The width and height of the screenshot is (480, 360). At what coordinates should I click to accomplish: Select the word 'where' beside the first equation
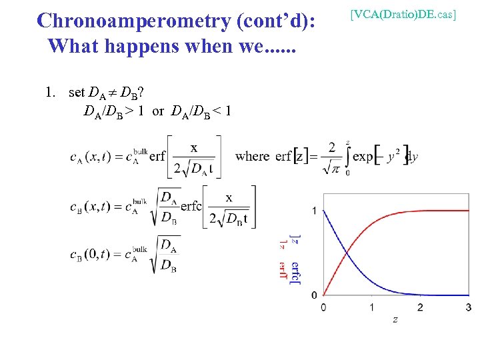pyautogui.click(x=253, y=157)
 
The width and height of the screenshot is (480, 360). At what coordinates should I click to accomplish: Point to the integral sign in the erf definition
pyautogui.click(x=347, y=156)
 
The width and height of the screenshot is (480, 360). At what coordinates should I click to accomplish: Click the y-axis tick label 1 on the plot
pyautogui.click(x=313, y=211)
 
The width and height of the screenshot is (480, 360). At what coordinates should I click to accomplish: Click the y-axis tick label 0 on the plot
pyautogui.click(x=313, y=295)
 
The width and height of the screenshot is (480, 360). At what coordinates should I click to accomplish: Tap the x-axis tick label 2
pyautogui.click(x=420, y=307)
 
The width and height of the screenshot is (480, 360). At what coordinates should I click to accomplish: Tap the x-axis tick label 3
pyautogui.click(x=468, y=307)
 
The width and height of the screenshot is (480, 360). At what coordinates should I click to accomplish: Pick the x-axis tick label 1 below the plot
pyautogui.click(x=371, y=307)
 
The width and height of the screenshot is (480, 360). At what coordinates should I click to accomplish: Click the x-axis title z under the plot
pyautogui.click(x=395, y=321)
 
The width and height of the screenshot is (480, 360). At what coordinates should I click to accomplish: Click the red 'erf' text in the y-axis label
pyautogui.click(x=283, y=270)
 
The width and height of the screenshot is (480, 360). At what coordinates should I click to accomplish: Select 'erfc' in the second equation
pyautogui.click(x=191, y=207)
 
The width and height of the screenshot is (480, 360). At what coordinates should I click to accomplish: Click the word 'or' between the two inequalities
pyautogui.click(x=158, y=111)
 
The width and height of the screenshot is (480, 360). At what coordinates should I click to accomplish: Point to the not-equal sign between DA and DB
pyautogui.click(x=113, y=93)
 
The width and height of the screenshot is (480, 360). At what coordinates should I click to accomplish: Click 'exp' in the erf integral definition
pyautogui.click(x=363, y=157)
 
